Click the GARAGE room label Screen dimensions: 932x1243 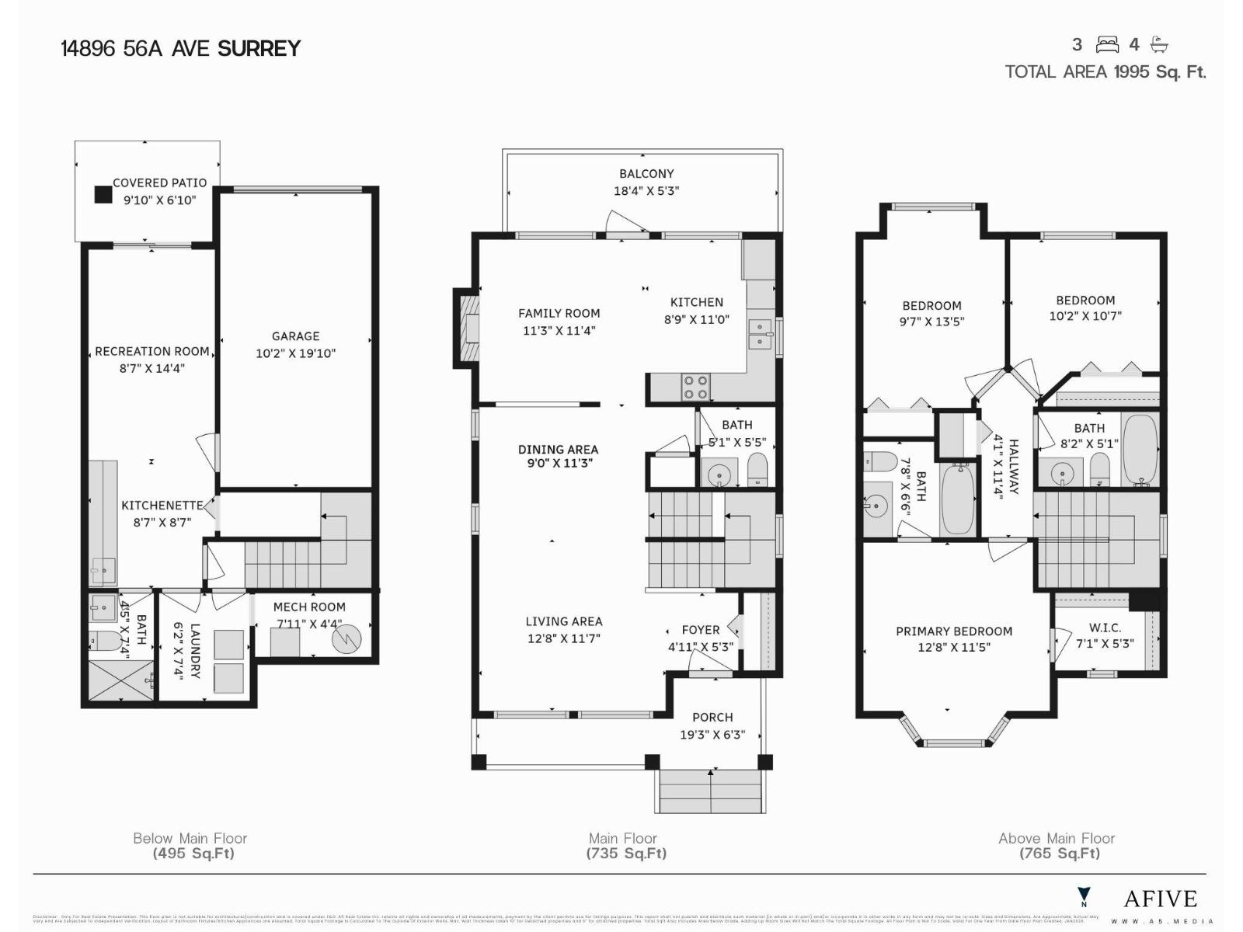tap(295, 336)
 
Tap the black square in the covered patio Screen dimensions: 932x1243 tap(103, 194)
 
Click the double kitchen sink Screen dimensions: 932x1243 tap(759, 334)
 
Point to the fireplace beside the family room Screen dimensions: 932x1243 tap(466, 329)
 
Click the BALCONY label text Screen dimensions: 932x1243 tap(646, 174)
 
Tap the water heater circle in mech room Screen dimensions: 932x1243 tap(346, 639)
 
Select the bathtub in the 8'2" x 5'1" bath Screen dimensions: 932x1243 tap(1140, 450)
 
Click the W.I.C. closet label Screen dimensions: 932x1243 tap(1105, 628)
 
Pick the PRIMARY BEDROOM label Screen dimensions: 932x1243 tap(954, 631)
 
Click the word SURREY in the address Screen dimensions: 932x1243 tap(259, 49)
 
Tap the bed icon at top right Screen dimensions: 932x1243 tap(1107, 44)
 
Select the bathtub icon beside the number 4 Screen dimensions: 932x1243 tap(1159, 44)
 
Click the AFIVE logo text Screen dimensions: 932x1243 tap(1161, 899)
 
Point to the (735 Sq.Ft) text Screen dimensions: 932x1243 tap(626, 854)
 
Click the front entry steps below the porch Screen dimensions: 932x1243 tap(711, 792)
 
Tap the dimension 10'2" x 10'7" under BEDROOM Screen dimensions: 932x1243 tap(1085, 316)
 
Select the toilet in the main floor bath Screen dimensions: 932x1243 tap(757, 471)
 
